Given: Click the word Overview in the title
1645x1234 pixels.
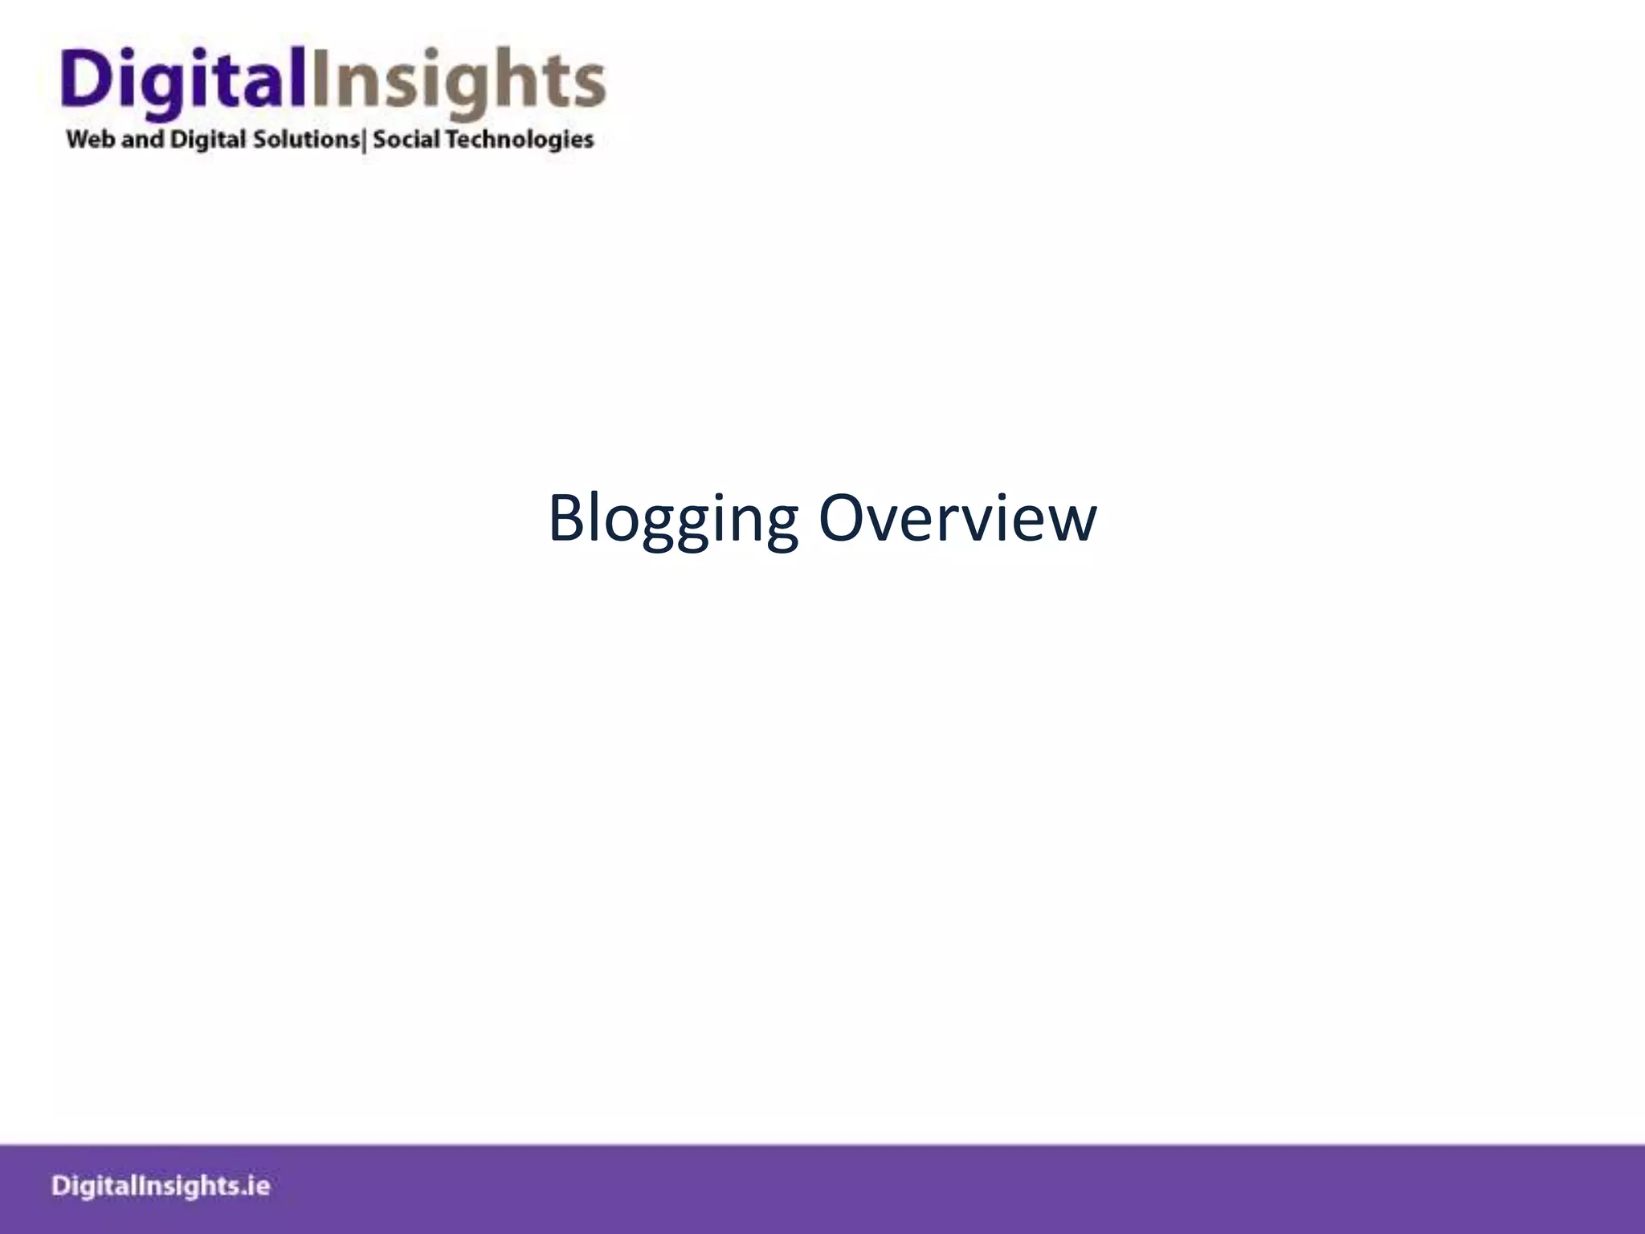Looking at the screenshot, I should [x=957, y=518].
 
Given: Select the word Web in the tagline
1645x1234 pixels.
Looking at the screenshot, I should [x=91, y=139].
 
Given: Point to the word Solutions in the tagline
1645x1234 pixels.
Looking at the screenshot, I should [x=307, y=139].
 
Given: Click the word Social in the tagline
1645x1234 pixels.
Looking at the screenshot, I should [x=406, y=139].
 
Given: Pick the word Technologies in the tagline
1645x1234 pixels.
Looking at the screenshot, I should [x=520, y=140].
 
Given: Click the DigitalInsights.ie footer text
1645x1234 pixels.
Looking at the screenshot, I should [x=161, y=1186].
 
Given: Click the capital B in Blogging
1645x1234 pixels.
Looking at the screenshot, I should [x=566, y=518].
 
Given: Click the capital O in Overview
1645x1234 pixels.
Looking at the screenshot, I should [x=841, y=518].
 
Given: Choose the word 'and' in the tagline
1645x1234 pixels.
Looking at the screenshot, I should [x=142, y=139].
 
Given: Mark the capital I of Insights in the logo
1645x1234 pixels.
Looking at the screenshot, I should [x=320, y=76].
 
